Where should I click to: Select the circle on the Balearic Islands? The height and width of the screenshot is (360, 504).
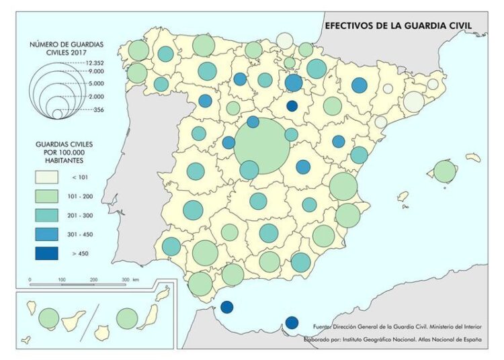pos(444,171)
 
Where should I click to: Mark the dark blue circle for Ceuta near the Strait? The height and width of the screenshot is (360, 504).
pos(226,308)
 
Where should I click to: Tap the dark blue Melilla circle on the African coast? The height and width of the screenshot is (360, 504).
pos(292,322)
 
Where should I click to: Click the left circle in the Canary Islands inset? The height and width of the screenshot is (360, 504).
pos(49,318)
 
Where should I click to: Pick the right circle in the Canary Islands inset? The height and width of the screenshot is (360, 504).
pos(127,318)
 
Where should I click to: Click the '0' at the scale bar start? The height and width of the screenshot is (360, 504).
pos(30,279)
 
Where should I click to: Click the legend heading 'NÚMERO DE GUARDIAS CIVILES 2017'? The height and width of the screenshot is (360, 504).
pos(67,48)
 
